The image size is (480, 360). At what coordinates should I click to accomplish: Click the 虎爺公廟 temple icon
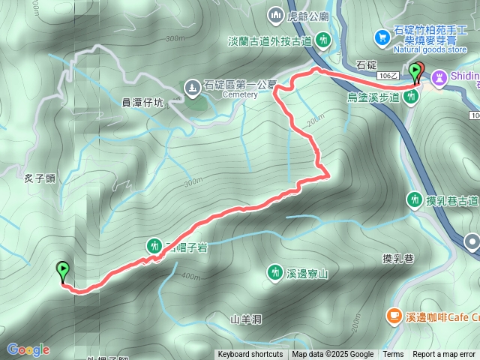(275, 14)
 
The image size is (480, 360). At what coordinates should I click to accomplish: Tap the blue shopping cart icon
(382, 35)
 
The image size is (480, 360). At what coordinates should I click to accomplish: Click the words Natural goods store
(428, 50)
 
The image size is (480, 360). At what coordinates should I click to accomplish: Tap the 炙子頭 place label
(39, 177)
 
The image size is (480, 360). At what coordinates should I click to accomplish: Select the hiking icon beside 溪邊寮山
(275, 272)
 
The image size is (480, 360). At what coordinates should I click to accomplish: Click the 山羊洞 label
(246, 319)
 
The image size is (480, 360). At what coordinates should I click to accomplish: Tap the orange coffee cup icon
(393, 317)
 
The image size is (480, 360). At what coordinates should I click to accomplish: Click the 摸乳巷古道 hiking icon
(414, 199)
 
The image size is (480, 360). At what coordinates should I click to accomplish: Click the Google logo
(28, 349)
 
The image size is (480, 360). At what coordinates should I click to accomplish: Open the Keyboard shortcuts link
(250, 355)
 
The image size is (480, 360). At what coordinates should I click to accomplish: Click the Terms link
(393, 355)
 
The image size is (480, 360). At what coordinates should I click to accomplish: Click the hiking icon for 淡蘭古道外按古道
(324, 39)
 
